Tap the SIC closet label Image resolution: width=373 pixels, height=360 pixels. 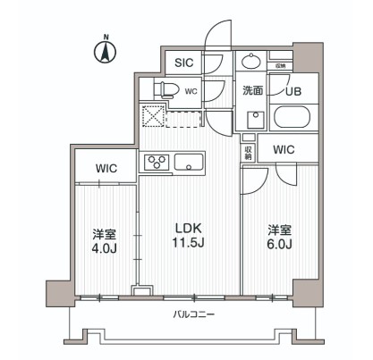point(183,63)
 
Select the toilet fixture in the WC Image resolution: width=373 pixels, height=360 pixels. point(165,89)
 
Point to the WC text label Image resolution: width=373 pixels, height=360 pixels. point(191,90)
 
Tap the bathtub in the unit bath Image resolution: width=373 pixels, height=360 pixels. point(292,118)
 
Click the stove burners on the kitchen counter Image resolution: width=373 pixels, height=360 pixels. point(157,162)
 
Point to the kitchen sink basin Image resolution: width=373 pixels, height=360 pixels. point(190,162)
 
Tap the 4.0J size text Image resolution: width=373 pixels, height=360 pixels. point(104,249)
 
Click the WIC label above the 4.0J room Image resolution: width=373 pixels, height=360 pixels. point(105,167)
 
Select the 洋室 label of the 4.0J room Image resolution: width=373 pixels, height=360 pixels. point(104,234)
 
